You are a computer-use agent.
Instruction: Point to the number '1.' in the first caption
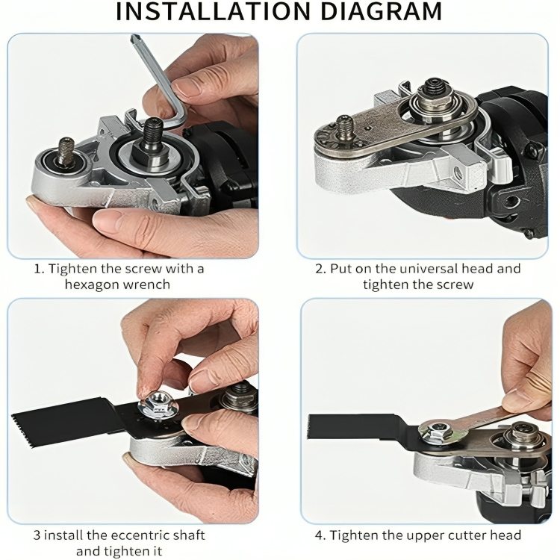point(39,269)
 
